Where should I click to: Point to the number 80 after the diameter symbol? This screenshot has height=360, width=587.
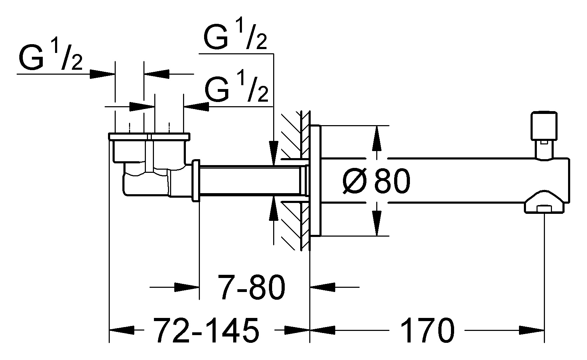(x=392, y=181)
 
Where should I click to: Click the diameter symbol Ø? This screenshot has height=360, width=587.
(x=355, y=182)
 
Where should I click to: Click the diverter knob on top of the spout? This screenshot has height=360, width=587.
(x=544, y=126)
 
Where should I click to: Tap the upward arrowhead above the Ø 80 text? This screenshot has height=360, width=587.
(x=377, y=138)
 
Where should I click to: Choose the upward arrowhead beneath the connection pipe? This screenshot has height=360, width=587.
(x=273, y=210)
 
